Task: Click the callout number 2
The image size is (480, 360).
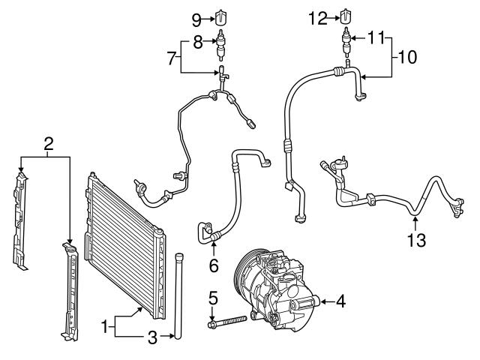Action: [48, 143]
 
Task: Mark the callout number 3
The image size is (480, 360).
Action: [152, 337]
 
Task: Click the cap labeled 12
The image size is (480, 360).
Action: [345, 16]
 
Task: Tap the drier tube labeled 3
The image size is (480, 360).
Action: [179, 296]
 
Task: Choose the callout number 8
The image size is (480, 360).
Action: [196, 42]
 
